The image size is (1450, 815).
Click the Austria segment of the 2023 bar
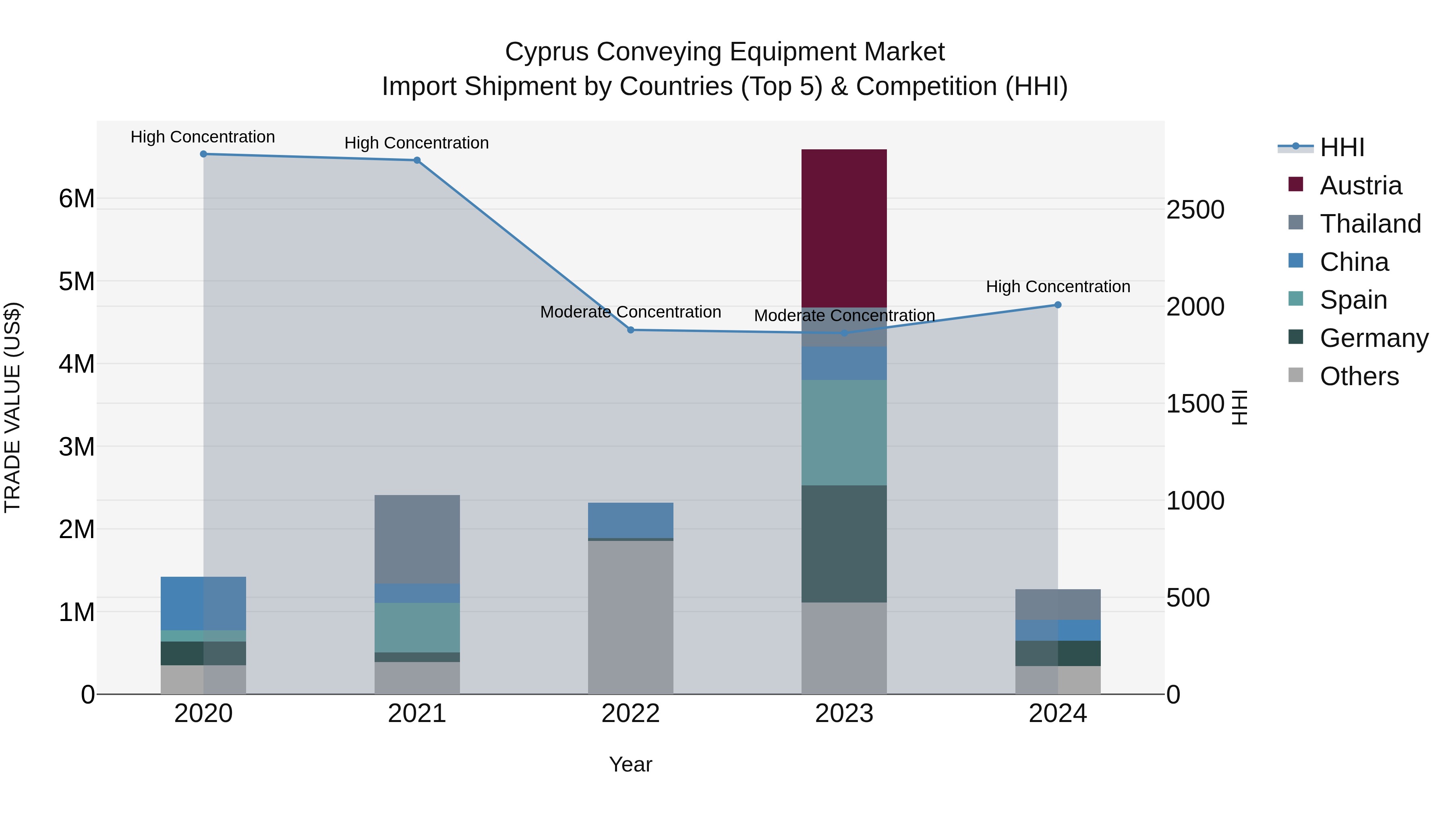pos(844,228)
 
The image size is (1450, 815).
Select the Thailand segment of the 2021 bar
pos(417,539)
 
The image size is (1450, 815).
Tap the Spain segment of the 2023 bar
pos(844,432)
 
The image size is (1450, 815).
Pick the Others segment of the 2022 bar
pos(630,617)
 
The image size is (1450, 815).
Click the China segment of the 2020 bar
pos(203,603)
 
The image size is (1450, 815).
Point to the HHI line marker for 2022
pos(630,330)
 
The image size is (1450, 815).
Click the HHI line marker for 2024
pos(1058,305)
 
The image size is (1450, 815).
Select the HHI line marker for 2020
pos(204,154)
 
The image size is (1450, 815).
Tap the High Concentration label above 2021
pos(416,143)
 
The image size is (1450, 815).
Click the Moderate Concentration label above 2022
pos(630,312)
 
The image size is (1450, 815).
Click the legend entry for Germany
pos(1373,338)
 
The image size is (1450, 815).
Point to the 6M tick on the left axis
pos(77,198)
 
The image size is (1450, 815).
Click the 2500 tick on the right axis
pos(1195,210)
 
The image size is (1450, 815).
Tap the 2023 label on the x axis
pos(844,714)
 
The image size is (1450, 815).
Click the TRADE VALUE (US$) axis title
pos(12,407)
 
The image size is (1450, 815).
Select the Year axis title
pos(630,764)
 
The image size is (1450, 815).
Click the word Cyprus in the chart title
pos(547,52)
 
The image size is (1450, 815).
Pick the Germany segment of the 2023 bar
pos(844,543)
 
